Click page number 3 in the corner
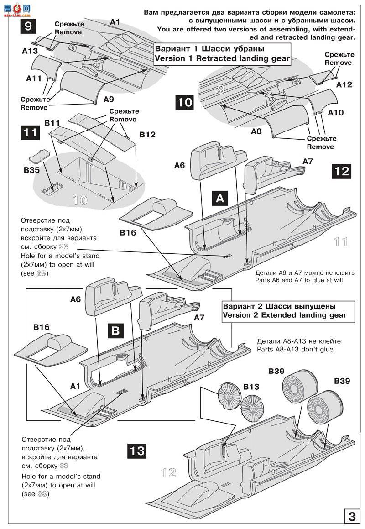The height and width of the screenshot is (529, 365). click(x=352, y=517)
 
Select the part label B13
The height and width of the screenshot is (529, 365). click(x=250, y=387)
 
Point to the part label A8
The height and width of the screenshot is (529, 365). click(x=256, y=131)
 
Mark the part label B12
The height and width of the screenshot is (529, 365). click(x=147, y=135)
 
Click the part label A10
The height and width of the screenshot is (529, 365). click(x=335, y=112)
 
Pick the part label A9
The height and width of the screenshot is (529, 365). click(x=109, y=99)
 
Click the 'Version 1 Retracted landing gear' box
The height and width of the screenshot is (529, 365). click(x=222, y=53)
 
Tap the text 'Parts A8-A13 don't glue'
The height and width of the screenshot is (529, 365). click(x=298, y=349)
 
